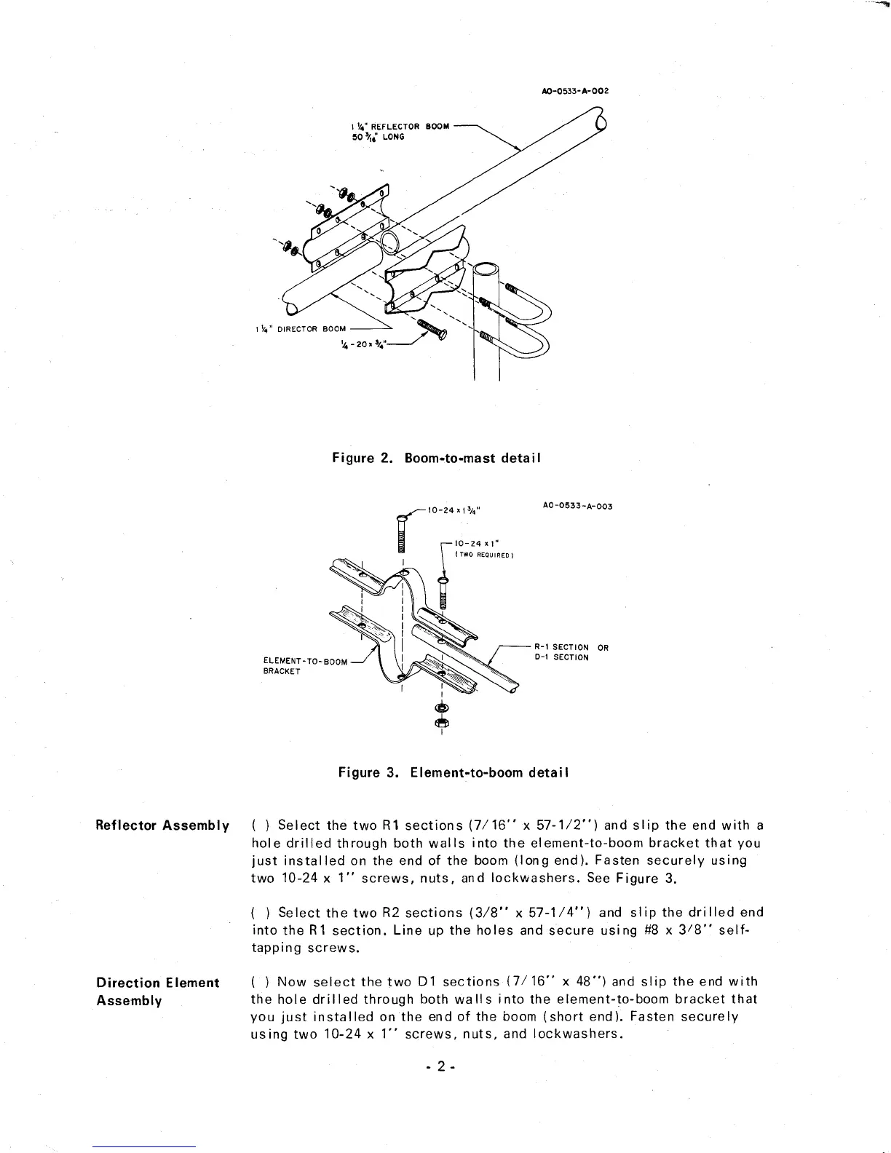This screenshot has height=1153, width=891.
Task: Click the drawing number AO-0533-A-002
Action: [571, 92]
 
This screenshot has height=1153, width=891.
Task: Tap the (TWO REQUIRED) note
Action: [485, 555]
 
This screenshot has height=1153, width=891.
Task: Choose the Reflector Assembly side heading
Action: [163, 825]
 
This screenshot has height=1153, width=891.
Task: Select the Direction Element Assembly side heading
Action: [158, 991]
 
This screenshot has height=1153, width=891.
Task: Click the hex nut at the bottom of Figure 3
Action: [441, 722]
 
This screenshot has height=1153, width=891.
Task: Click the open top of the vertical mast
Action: [486, 277]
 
